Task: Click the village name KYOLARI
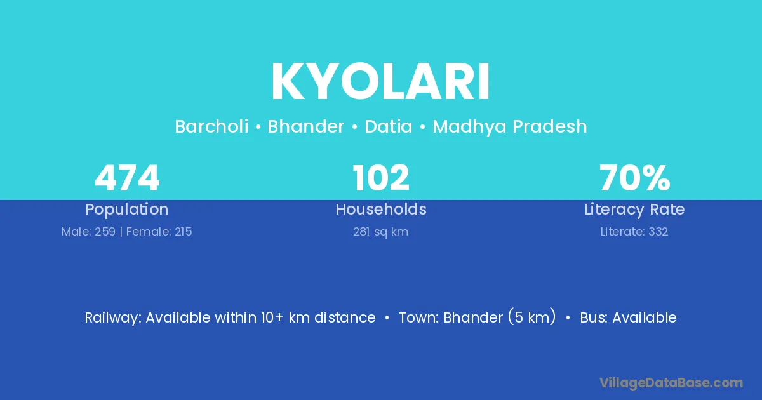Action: [x=380, y=81]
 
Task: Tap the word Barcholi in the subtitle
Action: [x=211, y=126]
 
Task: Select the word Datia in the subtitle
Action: [x=389, y=126]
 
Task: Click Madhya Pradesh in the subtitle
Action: [x=509, y=127]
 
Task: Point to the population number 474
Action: [x=127, y=178]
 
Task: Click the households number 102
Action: [x=381, y=178]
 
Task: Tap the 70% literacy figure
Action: [x=634, y=178]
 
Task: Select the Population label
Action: [x=127, y=210]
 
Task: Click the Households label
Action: [x=381, y=209]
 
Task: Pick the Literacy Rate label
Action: [x=634, y=210]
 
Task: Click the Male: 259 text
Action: [x=88, y=232]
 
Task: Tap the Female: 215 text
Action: [x=159, y=232]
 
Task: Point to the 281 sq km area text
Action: [x=380, y=232]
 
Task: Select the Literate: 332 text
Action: [x=634, y=232]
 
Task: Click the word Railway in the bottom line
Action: [x=113, y=317]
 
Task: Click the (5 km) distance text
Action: [x=532, y=317]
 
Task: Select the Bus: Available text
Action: [x=628, y=317]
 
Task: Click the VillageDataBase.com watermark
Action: [x=671, y=383]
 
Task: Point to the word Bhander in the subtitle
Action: [x=306, y=126]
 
